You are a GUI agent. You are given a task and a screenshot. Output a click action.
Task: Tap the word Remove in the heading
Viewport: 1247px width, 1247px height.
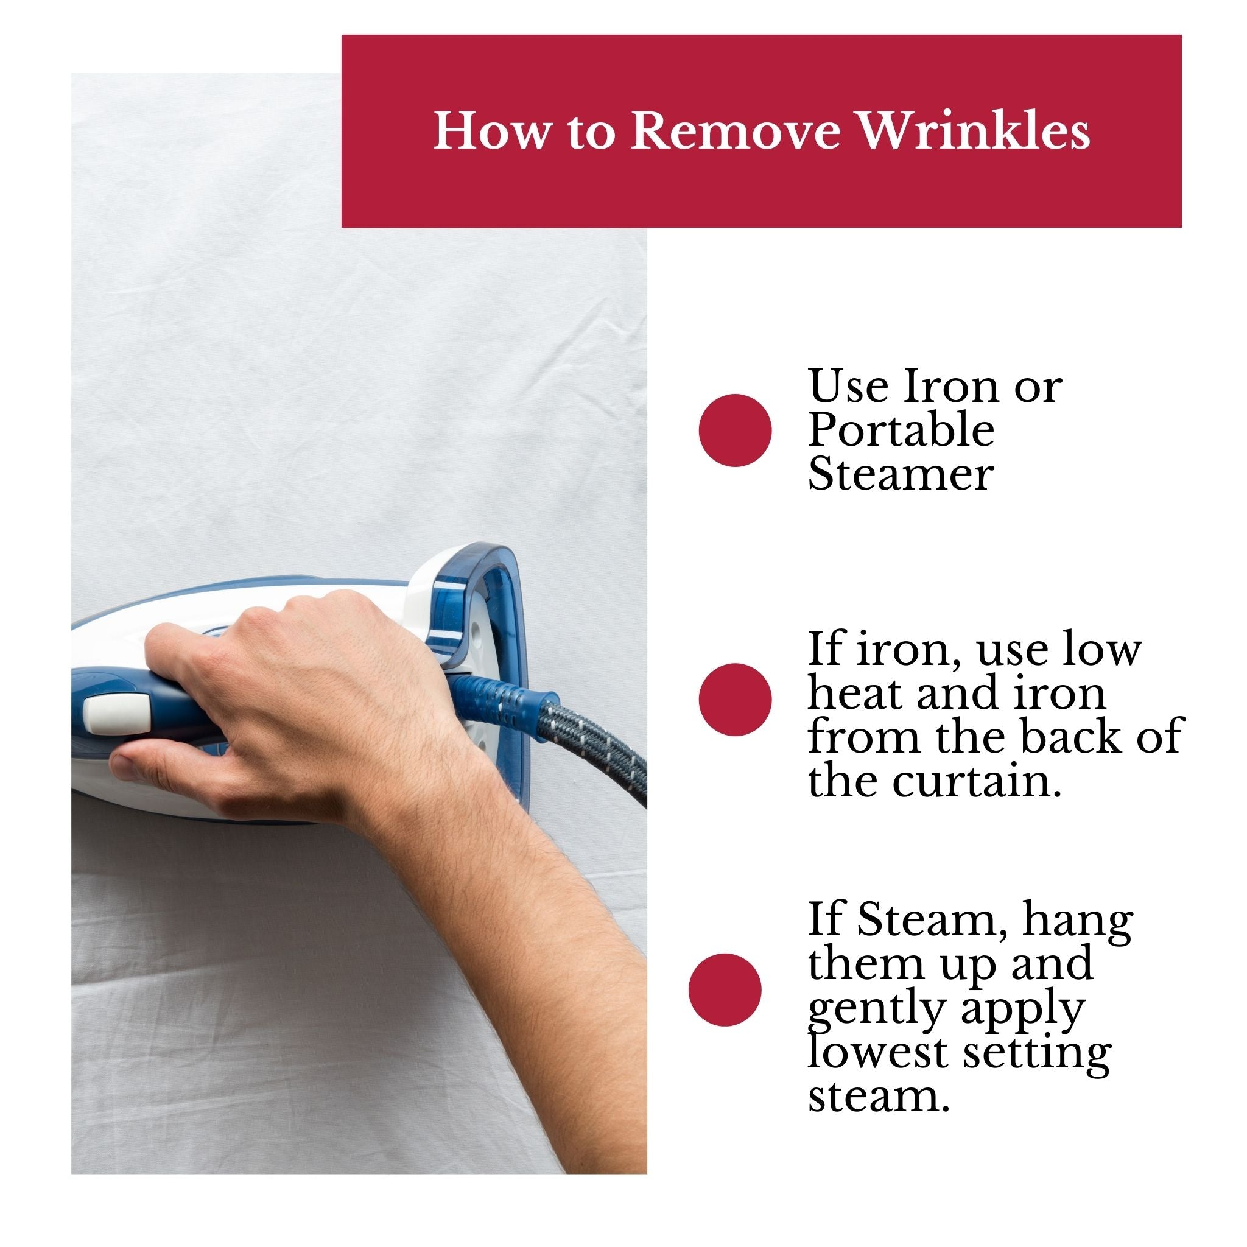(x=736, y=132)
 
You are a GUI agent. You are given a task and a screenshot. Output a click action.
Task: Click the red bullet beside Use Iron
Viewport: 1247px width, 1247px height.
(x=735, y=430)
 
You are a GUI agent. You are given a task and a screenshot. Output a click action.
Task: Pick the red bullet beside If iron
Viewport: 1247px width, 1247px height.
(x=735, y=700)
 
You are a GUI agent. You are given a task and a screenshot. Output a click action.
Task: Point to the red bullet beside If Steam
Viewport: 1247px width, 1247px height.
(x=725, y=989)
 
